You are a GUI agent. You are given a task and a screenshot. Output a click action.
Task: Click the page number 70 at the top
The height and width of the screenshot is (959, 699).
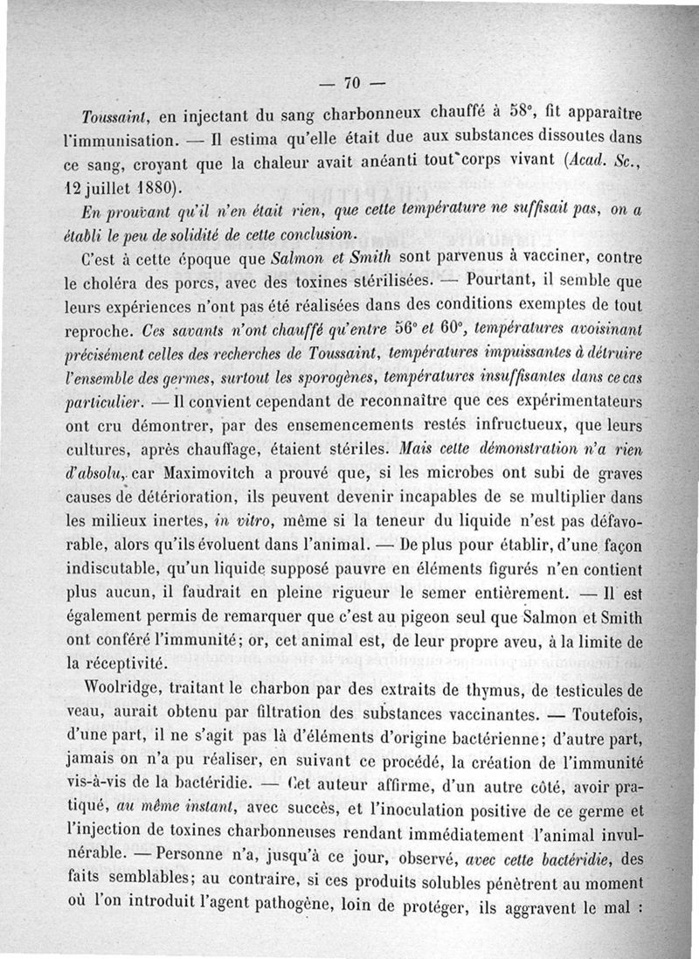pos(352,84)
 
